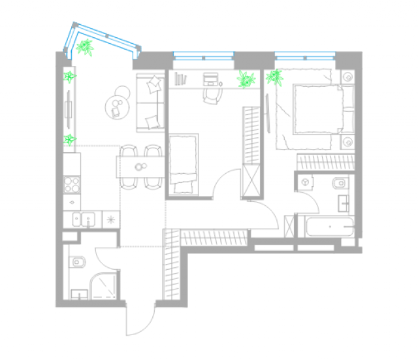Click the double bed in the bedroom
tap(310, 111)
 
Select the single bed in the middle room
tap(183, 163)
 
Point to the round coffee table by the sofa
tap(117, 105)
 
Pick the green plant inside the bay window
tap(84, 47)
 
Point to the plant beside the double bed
tap(274, 78)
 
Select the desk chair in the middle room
tap(211, 95)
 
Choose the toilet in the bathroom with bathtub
tap(342, 182)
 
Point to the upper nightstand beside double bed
tap(347, 77)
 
